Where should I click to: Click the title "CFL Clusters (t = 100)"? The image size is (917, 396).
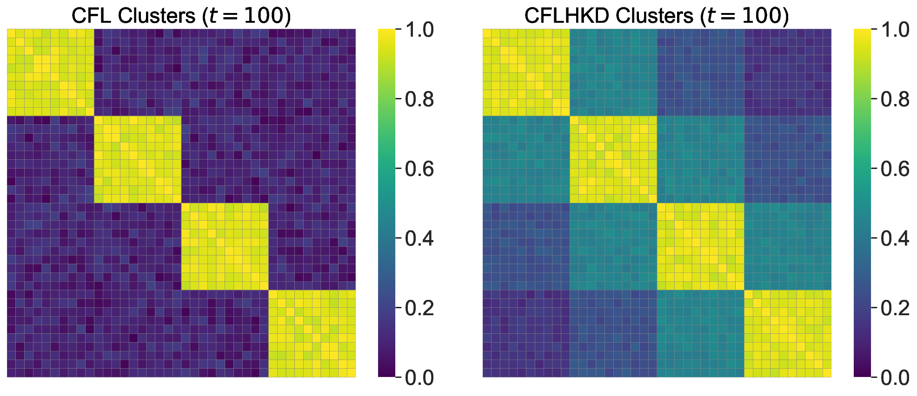coord(181,16)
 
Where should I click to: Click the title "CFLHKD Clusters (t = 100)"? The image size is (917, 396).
coord(657,16)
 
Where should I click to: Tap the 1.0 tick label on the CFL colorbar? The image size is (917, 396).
coord(419,30)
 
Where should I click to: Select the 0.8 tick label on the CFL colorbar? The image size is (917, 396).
coord(419,99)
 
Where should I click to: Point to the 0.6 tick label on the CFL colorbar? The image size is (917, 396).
coord(419,169)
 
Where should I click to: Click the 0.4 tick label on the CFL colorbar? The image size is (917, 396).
coord(419,239)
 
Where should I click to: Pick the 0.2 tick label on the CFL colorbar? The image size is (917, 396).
coord(419,308)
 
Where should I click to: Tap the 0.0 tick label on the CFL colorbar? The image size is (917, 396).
coord(419,378)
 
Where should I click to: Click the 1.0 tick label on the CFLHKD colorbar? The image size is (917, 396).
coord(895,30)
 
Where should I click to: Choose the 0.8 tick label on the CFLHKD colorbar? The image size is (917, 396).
coord(895,99)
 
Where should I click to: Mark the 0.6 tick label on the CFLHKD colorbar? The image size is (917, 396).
coord(895,169)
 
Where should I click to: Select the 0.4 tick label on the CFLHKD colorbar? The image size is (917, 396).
coord(895,239)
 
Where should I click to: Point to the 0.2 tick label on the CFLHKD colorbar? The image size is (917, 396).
coord(895,308)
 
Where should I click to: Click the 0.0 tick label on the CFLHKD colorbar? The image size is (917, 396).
coord(895,378)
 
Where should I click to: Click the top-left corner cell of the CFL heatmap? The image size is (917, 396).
coord(11,33)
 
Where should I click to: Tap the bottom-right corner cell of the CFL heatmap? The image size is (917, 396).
coord(351,373)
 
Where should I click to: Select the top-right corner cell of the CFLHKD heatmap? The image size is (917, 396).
coord(827,33)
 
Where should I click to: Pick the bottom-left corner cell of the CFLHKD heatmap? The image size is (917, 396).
coord(487,373)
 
